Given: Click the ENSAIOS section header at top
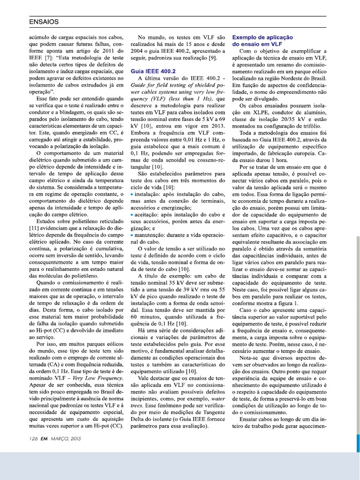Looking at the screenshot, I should click(x=44, y=22).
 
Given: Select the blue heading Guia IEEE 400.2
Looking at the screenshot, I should click(x=153, y=71).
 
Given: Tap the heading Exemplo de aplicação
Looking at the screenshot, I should click(x=262, y=37).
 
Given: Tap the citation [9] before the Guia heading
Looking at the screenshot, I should click(x=212, y=57).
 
